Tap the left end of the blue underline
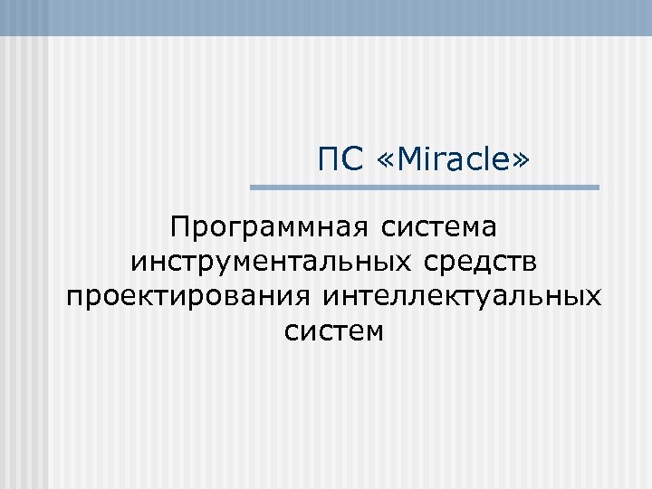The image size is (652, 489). coord(253,187)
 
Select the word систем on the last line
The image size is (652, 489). coord(334,332)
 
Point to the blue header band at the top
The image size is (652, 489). coord(326,17)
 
